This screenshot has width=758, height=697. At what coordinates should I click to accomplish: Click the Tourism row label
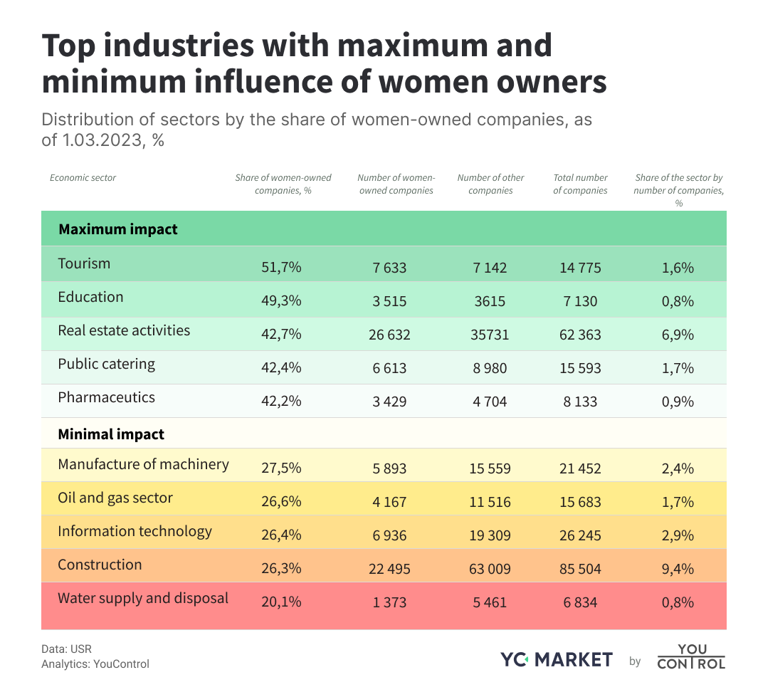pos(84,263)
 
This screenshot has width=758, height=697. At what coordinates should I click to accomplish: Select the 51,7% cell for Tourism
pos(281,268)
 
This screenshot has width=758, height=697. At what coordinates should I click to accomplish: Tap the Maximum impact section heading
pos(118,230)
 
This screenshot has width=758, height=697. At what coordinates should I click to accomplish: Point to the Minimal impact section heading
pos(111,434)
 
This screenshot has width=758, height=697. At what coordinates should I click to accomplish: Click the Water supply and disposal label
pos(143,598)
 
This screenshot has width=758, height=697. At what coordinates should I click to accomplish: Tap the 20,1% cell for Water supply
pos(281,602)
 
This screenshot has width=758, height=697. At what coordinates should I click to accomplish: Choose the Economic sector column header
pos(83,178)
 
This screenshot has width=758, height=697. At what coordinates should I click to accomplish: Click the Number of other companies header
pos(490,184)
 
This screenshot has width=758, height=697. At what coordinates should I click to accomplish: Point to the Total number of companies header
pos(580,184)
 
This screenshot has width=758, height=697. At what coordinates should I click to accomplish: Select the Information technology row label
pos(135,531)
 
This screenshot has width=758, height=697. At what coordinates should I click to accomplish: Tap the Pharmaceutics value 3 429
pos(389,402)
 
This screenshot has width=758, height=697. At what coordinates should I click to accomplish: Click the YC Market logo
pos(556,660)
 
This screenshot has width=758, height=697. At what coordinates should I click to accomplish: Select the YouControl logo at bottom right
pos(690,656)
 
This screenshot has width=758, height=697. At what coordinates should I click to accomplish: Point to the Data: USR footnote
pos(66,649)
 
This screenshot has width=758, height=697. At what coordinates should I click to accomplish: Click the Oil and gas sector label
pos(115,498)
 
